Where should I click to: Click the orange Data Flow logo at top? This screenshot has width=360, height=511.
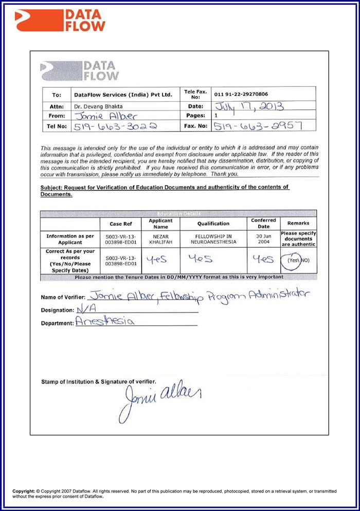(60, 21)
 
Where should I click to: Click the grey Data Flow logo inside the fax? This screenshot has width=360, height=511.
(80, 71)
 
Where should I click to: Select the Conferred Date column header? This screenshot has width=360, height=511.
(263, 224)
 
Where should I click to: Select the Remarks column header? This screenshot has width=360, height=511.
(298, 224)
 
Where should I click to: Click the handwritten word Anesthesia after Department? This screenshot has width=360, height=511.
(105, 322)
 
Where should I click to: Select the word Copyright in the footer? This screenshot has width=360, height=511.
(24, 491)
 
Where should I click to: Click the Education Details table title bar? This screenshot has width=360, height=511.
(178, 213)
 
